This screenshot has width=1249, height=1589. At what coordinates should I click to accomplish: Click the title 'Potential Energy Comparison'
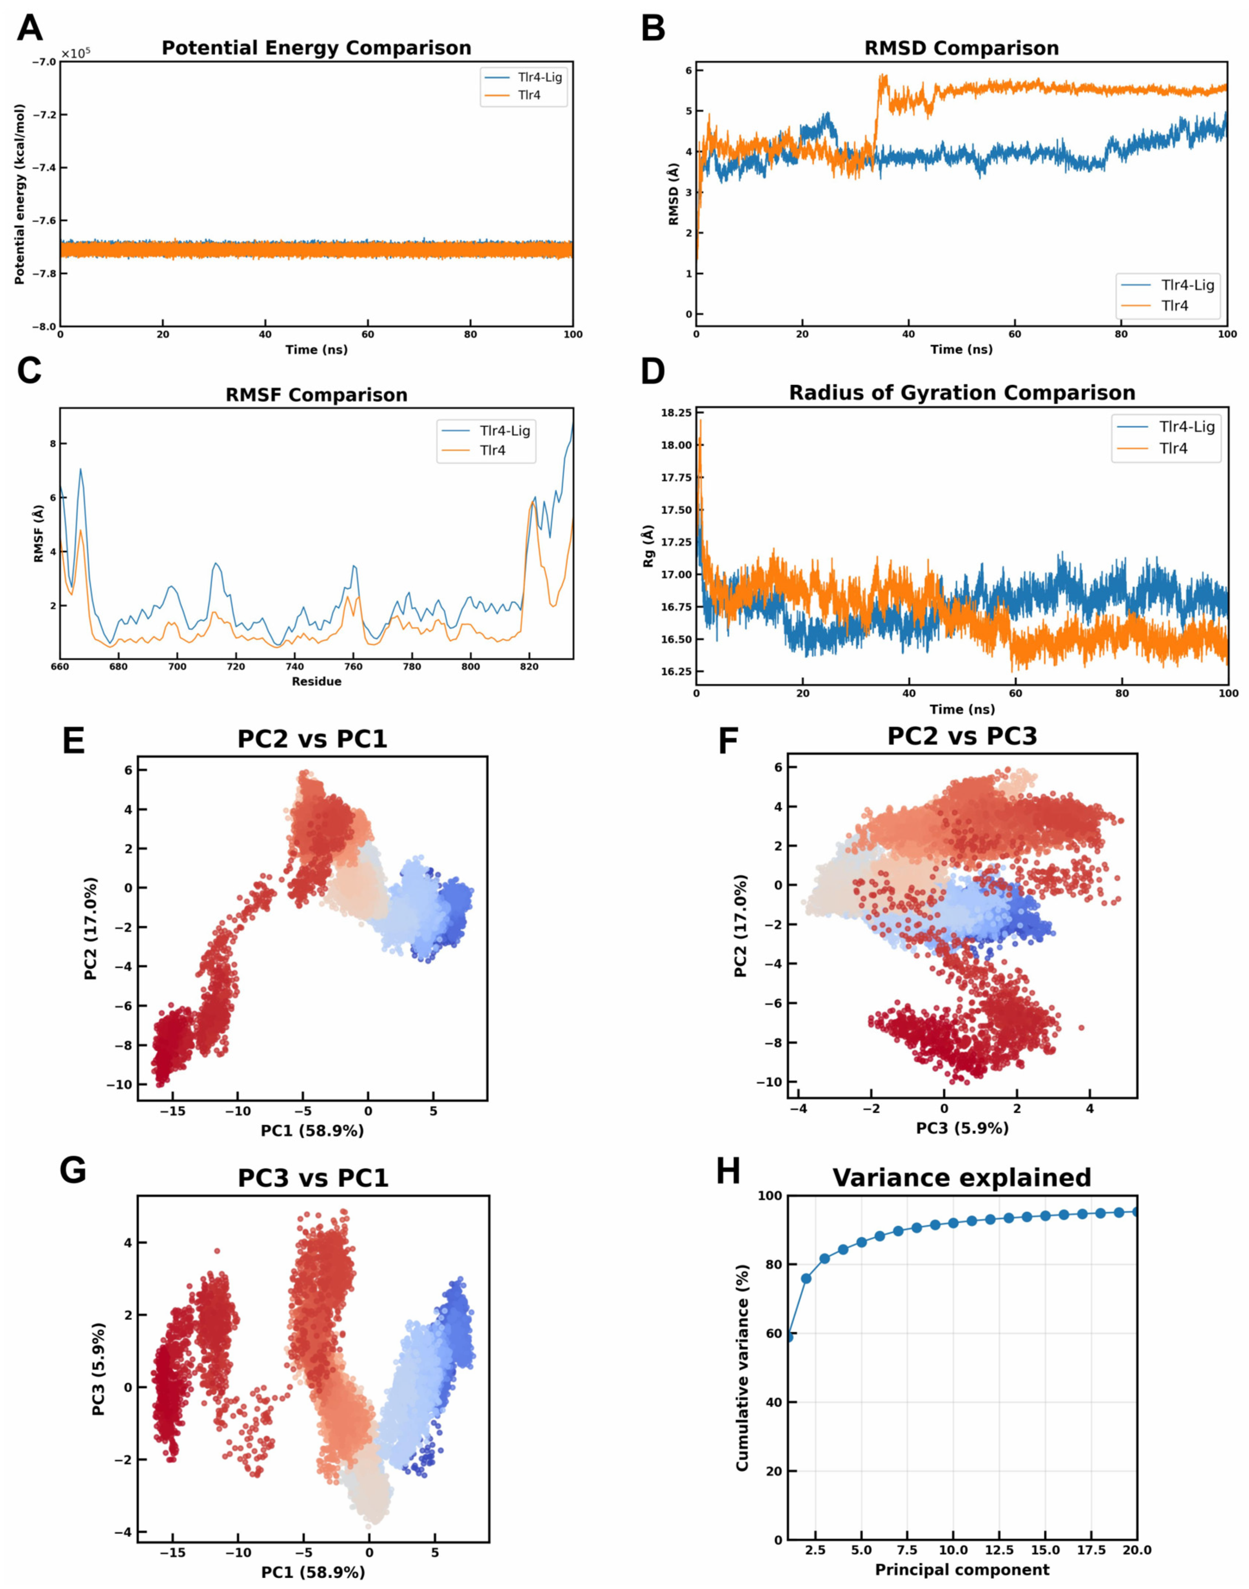pyautogui.click(x=316, y=48)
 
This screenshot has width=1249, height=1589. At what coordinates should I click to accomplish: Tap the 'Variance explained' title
pyautogui.click(x=962, y=1178)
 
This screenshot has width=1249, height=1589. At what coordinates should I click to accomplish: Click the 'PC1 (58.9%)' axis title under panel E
pyautogui.click(x=312, y=1130)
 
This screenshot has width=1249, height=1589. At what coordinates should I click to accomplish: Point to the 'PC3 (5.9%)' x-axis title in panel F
pyautogui.click(x=962, y=1128)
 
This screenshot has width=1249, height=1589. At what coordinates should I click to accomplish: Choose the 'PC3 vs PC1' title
pyautogui.click(x=313, y=1178)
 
